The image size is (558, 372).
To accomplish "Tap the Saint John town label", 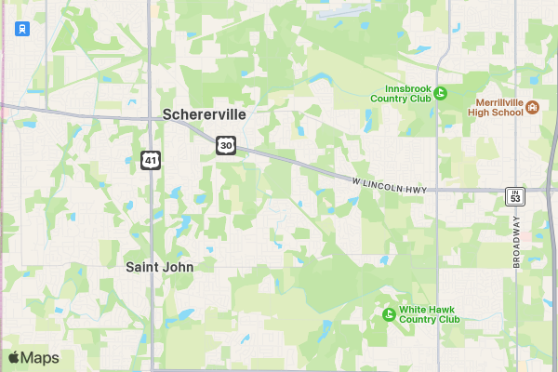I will point(160,266).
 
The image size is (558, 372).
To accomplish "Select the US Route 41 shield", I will point(151,160).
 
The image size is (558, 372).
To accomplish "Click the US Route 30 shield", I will point(227,145).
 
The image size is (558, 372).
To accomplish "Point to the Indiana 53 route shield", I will point(515,195).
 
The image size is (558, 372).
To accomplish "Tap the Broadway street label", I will point(517,242).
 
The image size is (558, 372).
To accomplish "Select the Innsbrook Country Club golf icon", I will point(441,92).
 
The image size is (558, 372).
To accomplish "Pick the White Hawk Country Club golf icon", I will point(389,313).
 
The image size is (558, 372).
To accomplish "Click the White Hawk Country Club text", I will point(430,313).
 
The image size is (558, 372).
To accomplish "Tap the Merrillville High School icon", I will point(533,107).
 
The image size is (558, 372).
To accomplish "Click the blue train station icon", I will point(20,29).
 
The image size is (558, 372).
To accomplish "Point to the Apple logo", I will point(14,357).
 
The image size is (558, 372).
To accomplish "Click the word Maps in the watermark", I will point(40,358).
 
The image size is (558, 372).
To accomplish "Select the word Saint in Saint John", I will point(142,266).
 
